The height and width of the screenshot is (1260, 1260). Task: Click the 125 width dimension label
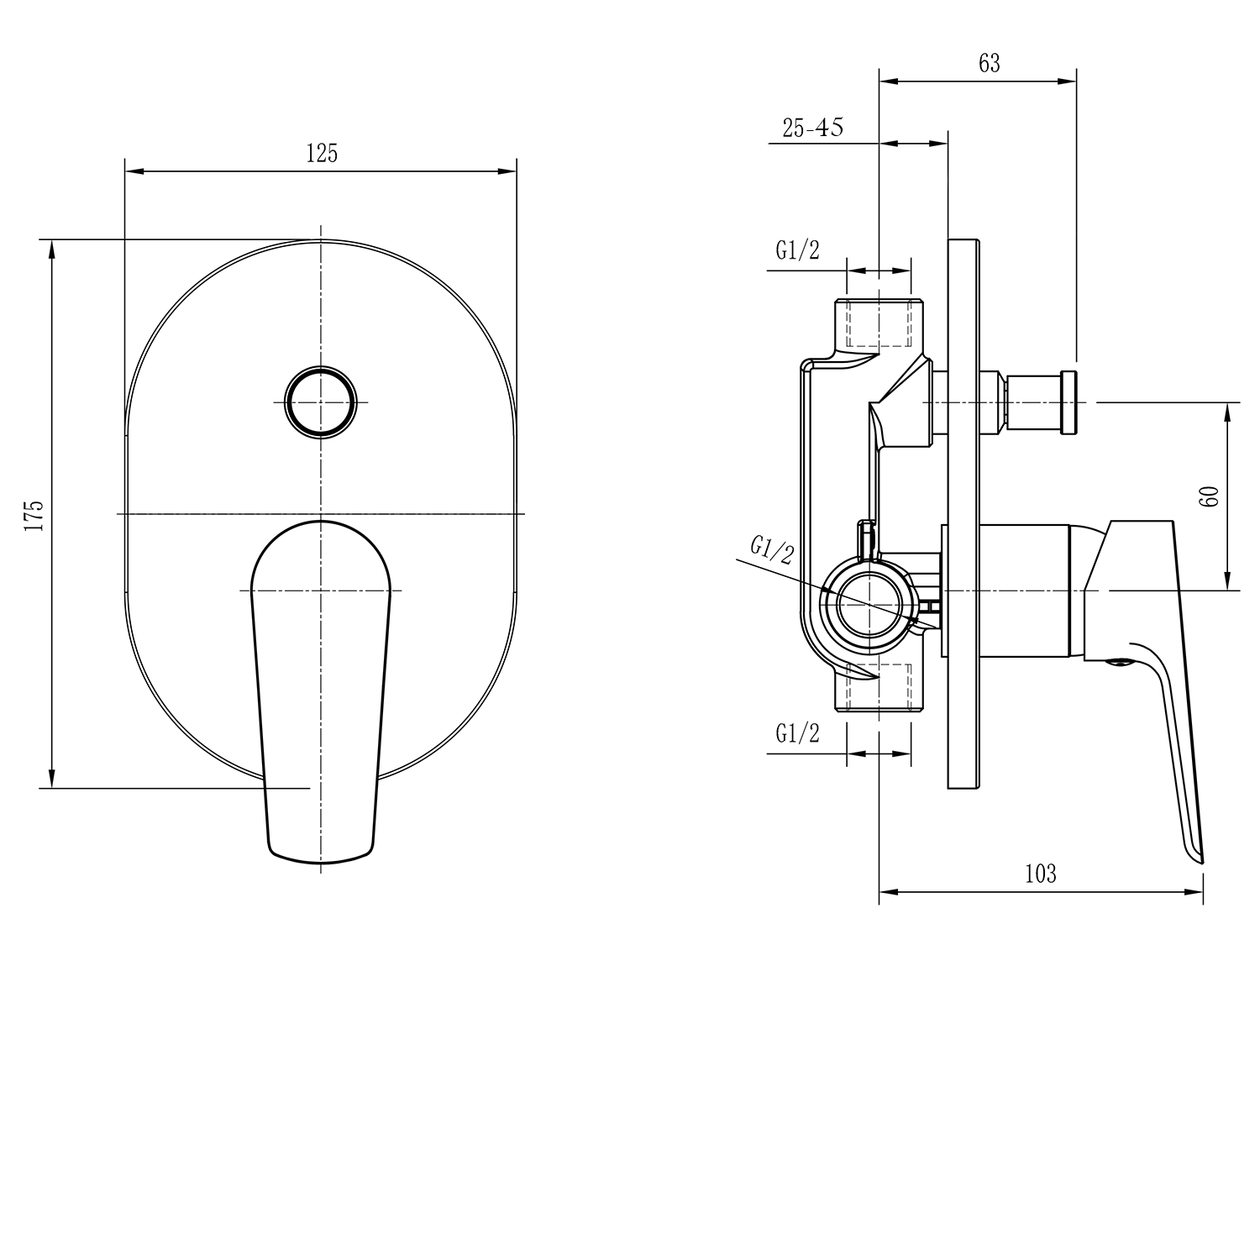click(322, 153)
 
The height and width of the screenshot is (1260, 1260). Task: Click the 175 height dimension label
click(34, 515)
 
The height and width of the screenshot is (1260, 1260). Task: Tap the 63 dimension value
click(990, 63)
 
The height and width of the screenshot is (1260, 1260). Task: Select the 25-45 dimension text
click(813, 128)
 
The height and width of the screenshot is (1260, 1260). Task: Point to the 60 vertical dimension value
click(1210, 496)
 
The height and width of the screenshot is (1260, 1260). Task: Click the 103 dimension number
click(1040, 874)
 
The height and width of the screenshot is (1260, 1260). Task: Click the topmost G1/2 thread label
click(797, 250)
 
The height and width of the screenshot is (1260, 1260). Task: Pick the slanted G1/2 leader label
click(772, 550)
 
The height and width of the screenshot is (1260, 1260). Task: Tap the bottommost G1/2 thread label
click(797, 733)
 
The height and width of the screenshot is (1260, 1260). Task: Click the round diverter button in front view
click(321, 402)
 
